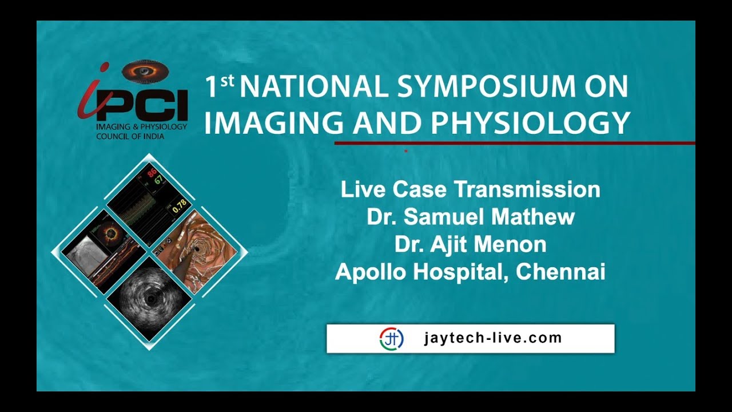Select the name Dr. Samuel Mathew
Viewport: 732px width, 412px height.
click(x=470, y=217)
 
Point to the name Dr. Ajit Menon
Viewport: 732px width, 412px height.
click(x=470, y=244)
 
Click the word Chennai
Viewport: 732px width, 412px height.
click(x=560, y=272)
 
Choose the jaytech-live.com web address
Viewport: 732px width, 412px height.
click(x=493, y=338)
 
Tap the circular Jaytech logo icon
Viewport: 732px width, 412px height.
click(x=392, y=338)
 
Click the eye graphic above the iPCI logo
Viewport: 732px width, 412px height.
click(x=145, y=71)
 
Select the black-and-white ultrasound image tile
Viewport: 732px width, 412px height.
click(x=150, y=299)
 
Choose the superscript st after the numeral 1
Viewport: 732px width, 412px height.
click(x=227, y=80)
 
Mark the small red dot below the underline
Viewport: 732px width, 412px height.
click(x=405, y=151)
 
